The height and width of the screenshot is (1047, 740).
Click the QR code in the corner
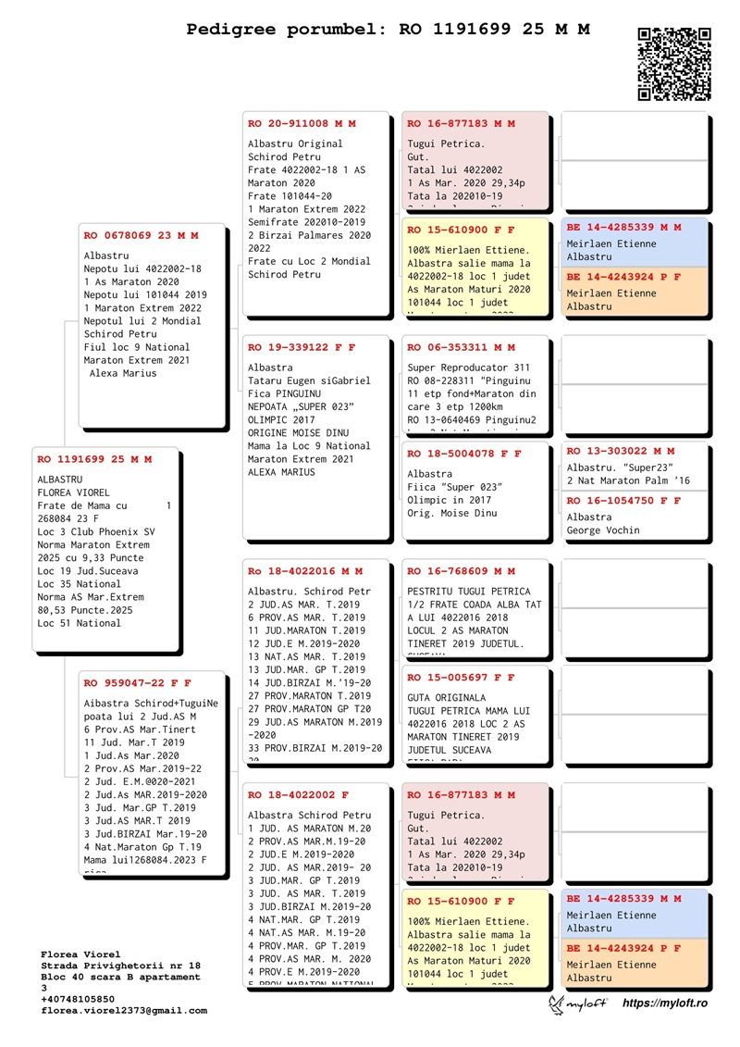pos(674,63)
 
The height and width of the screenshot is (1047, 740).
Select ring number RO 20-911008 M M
pos(302,123)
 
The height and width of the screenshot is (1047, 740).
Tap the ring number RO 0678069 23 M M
pos(141,235)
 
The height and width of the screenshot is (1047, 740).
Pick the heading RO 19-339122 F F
pos(302,347)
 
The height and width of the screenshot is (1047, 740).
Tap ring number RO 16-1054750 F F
pos(624,501)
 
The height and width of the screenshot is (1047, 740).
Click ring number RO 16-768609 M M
pos(462,571)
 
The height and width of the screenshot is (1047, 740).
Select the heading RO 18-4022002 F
pos(298,794)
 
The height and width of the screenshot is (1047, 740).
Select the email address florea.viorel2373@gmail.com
pos(124,1011)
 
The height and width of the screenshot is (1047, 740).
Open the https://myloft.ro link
pos(664,1003)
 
